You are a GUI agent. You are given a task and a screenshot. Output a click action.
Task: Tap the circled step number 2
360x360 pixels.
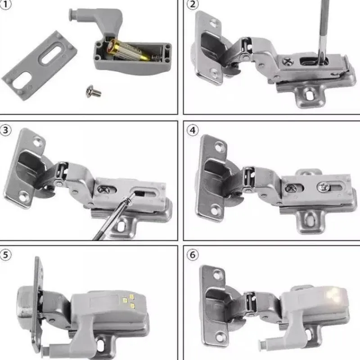pyautogui.click(x=193, y=5)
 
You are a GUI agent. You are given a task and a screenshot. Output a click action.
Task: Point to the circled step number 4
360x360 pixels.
pyautogui.click(x=193, y=130)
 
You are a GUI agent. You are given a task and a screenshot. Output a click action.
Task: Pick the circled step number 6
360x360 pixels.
pyautogui.click(x=193, y=255)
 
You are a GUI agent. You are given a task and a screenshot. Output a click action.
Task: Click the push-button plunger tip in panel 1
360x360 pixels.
pyautogui.click(x=72, y=14)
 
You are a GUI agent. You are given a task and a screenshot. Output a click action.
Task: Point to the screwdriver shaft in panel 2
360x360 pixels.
pyautogui.click(x=322, y=27)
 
